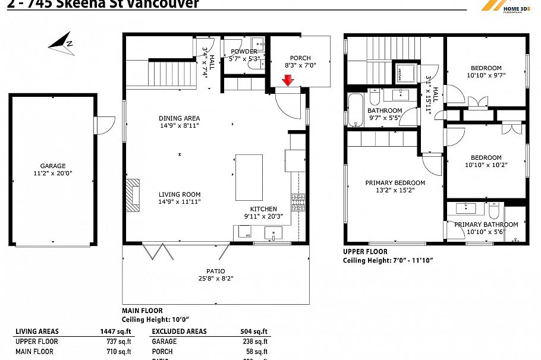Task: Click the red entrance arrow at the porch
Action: pos(288,81)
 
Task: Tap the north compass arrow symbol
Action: pos(61,43)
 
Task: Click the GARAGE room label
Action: pos(53,166)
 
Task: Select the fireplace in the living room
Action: pos(133,195)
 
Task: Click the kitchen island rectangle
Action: pos(249,177)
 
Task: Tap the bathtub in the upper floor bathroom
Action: pos(356,109)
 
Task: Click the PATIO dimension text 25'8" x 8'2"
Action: pos(216,278)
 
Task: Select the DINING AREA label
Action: pos(179,118)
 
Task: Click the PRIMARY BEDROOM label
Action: pos(395,182)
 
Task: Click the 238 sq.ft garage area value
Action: pos(257,342)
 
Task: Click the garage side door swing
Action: pos(105,125)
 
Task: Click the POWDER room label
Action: pos(244,52)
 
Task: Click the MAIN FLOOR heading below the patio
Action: pos(142,311)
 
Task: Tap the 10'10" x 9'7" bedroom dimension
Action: pos(486,75)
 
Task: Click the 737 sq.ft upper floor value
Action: pos(121,342)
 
